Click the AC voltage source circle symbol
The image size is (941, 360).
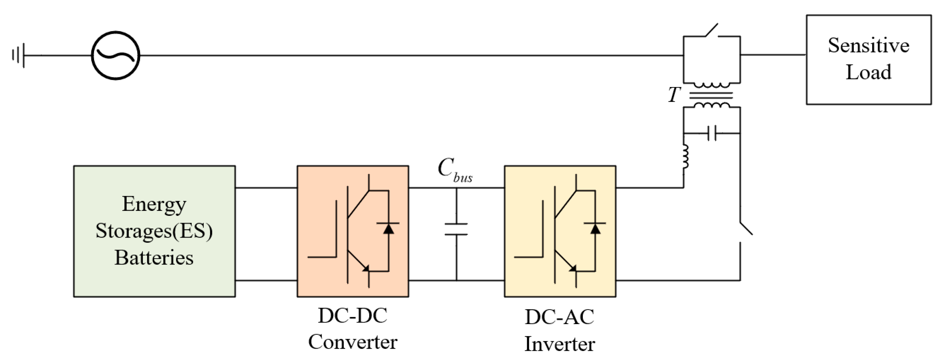click(115, 55)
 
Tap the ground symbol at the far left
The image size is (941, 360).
click(18, 55)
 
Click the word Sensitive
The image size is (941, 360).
click(869, 46)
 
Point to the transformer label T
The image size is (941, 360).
click(674, 95)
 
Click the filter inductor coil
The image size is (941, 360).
click(685, 156)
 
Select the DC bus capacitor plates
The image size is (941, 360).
click(456, 229)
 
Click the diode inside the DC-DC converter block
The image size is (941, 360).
click(388, 229)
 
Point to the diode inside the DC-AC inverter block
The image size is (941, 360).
click(596, 229)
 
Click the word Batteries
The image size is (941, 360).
click(154, 258)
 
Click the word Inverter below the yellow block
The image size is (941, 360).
click(560, 344)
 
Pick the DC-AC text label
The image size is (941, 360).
click(560, 317)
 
